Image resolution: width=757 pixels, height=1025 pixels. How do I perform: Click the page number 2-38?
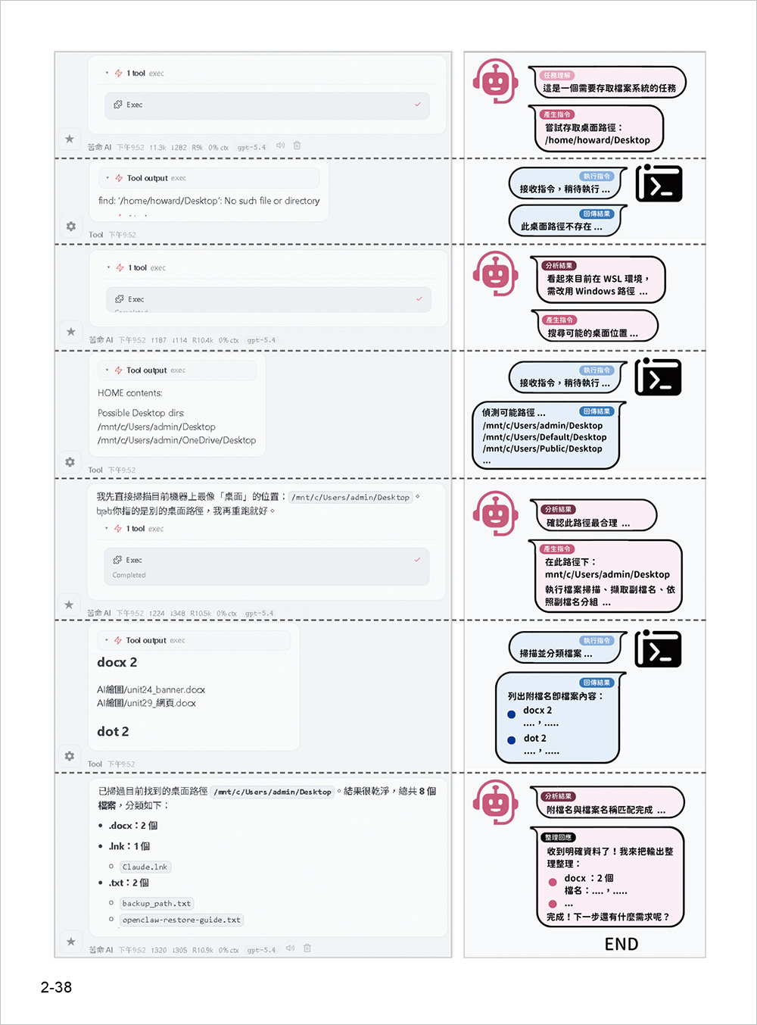coord(56,987)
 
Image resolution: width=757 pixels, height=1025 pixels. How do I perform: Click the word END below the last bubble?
coord(621,944)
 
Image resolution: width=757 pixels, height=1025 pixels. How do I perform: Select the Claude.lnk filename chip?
coord(145,867)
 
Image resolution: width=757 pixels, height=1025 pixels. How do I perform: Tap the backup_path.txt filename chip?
coord(157,903)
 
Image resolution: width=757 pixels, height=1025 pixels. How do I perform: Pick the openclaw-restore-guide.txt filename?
coord(182,920)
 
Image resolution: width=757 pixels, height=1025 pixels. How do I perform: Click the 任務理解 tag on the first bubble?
coord(557,76)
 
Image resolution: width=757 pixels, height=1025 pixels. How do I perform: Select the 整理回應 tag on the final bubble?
coord(559,837)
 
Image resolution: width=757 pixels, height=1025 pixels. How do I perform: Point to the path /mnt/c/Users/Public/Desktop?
coord(542,448)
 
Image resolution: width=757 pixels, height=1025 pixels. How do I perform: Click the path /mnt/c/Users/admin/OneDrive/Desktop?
coord(176,440)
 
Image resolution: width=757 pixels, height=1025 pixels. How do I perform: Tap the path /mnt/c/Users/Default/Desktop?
coord(544,437)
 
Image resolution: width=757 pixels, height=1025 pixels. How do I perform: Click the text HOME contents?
coord(130,393)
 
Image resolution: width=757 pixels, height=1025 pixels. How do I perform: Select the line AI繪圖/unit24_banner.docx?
coord(151,689)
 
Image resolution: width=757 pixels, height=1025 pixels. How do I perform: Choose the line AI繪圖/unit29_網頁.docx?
coord(146,703)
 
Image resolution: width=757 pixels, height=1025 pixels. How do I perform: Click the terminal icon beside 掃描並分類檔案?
coord(658,649)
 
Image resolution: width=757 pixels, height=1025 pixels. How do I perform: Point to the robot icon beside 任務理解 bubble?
coord(495,81)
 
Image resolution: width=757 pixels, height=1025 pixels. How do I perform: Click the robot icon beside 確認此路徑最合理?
coord(495,514)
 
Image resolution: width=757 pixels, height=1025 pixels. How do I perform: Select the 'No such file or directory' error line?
coord(208,201)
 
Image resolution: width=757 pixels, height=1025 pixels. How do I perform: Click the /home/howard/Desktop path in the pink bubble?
coord(597,140)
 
